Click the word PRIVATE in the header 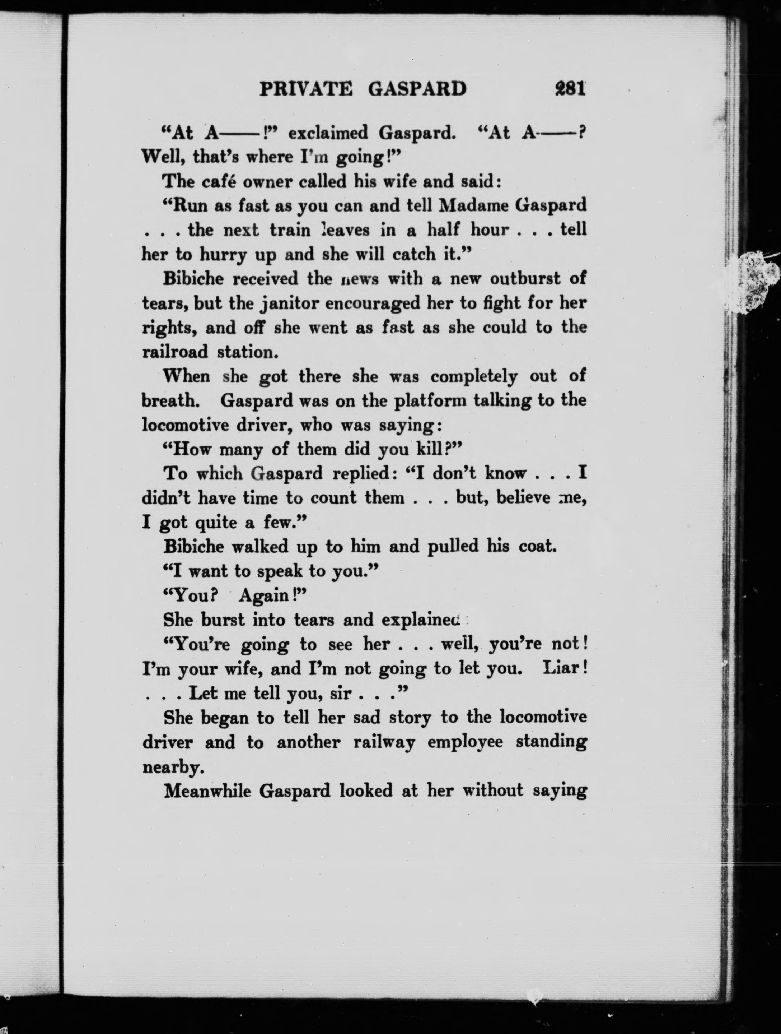point(306,88)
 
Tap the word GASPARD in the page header point(417,88)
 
